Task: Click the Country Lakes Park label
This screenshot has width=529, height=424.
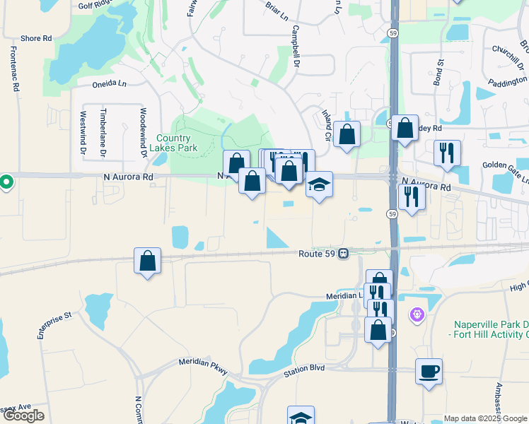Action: tap(173, 143)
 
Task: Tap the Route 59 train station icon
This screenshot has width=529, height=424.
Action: tap(343, 253)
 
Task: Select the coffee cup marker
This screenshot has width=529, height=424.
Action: tap(429, 370)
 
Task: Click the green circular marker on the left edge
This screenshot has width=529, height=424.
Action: tap(6, 182)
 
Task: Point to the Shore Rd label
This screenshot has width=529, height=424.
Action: tap(37, 38)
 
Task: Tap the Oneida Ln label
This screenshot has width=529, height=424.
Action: tap(108, 84)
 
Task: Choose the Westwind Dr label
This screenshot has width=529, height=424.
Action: tap(83, 132)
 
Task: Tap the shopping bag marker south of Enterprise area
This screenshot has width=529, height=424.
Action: tap(146, 261)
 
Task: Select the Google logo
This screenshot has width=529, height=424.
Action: tap(23, 416)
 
